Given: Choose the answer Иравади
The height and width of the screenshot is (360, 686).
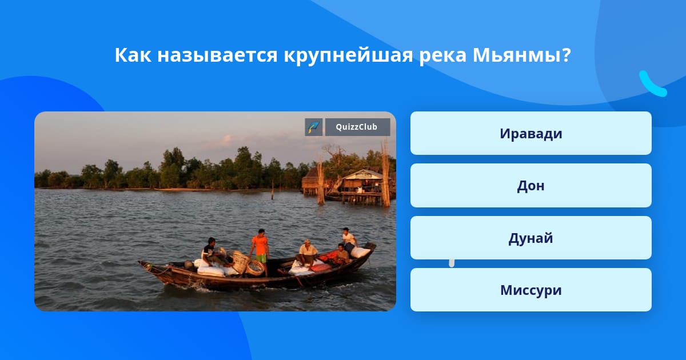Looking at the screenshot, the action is (531, 133).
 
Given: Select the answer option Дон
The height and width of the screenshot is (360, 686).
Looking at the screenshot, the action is (531, 186).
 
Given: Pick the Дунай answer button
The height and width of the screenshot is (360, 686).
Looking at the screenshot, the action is (531, 238).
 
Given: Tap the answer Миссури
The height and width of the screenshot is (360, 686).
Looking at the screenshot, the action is (531, 290).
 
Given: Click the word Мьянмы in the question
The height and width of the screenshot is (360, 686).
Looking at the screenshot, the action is (521, 55).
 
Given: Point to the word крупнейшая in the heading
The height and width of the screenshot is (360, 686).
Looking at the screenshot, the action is (348, 56).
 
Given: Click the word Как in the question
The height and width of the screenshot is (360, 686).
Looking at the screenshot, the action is (133, 55).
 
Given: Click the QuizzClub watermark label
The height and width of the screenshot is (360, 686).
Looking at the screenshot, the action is (357, 127).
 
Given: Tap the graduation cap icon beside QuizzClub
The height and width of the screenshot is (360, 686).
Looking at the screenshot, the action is (314, 127).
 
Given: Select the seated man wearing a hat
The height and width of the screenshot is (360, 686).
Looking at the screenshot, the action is (306, 253).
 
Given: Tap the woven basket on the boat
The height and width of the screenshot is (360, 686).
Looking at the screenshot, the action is (239, 262).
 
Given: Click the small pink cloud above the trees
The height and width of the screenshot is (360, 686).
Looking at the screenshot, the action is (228, 139).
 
